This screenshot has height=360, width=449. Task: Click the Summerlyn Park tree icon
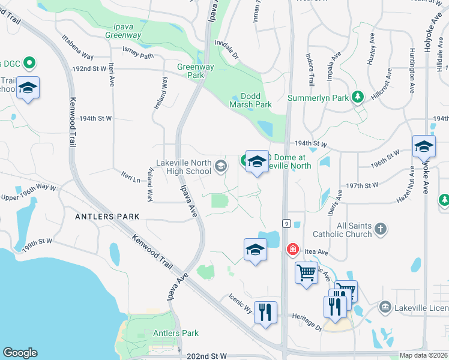(358, 97)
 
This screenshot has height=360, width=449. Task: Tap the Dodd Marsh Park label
(250, 100)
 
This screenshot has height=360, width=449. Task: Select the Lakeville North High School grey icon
(221, 166)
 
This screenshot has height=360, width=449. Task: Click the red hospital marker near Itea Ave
(293, 249)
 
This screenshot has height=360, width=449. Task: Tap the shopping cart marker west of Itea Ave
(307, 274)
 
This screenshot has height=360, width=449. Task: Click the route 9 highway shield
(287, 223)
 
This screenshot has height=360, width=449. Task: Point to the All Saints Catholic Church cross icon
(379, 229)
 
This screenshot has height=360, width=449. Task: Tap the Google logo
(20, 353)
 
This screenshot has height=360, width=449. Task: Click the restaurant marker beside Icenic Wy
(265, 312)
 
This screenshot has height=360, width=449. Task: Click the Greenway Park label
(192, 71)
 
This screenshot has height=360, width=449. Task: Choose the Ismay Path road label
(138, 55)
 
